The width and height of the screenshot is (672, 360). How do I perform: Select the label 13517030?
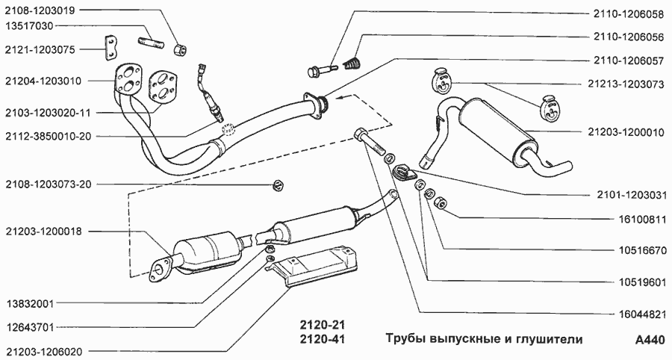click(29, 26)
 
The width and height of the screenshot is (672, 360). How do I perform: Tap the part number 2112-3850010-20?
click(47, 137)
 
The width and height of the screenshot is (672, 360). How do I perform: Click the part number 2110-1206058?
click(628, 13)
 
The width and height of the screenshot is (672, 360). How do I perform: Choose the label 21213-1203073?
click(625, 84)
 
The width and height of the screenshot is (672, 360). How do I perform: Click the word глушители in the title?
click(546, 340)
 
